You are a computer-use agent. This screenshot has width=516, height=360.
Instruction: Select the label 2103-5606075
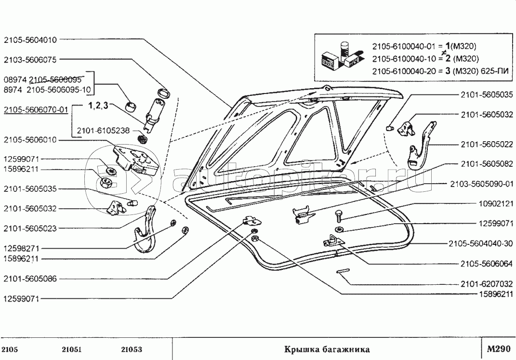click(30, 60)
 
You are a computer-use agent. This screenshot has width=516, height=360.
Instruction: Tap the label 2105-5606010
click(30, 140)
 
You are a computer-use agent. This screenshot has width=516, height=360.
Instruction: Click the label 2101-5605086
click(30, 279)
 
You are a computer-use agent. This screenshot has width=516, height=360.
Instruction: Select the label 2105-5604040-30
click(480, 243)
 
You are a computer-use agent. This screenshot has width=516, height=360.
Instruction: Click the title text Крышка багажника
click(326, 349)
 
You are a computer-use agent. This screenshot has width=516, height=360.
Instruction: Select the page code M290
click(498, 349)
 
